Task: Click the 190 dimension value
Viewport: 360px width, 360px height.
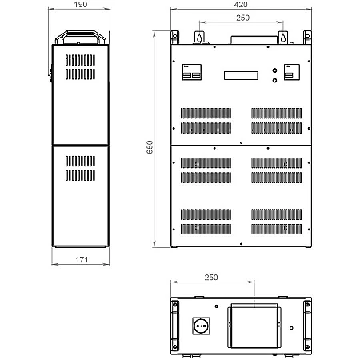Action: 81,5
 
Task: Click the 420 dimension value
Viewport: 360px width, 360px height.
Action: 241,5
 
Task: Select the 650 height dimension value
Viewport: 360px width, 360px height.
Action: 150,147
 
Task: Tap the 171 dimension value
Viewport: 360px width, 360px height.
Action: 82,259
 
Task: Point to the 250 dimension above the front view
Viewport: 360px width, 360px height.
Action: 242,18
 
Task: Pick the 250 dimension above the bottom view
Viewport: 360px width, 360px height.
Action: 211,278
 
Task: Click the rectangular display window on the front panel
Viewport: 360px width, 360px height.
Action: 241,75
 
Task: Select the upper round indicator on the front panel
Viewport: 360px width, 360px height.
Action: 274,70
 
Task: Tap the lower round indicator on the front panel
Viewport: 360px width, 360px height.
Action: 274,80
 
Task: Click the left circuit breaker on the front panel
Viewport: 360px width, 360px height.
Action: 192,72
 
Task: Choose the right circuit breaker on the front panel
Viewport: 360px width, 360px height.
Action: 292,72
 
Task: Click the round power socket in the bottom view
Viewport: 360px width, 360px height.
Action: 201,326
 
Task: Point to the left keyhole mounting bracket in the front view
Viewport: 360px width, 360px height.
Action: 198,38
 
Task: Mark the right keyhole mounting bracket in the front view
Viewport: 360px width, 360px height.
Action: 283,38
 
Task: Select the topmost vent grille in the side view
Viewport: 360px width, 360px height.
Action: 80,60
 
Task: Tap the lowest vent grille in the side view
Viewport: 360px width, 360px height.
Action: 80,175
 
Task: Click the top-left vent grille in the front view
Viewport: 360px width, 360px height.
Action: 206,113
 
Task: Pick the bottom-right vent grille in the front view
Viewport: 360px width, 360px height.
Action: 277,229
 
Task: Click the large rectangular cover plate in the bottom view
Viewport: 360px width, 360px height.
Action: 254,327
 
